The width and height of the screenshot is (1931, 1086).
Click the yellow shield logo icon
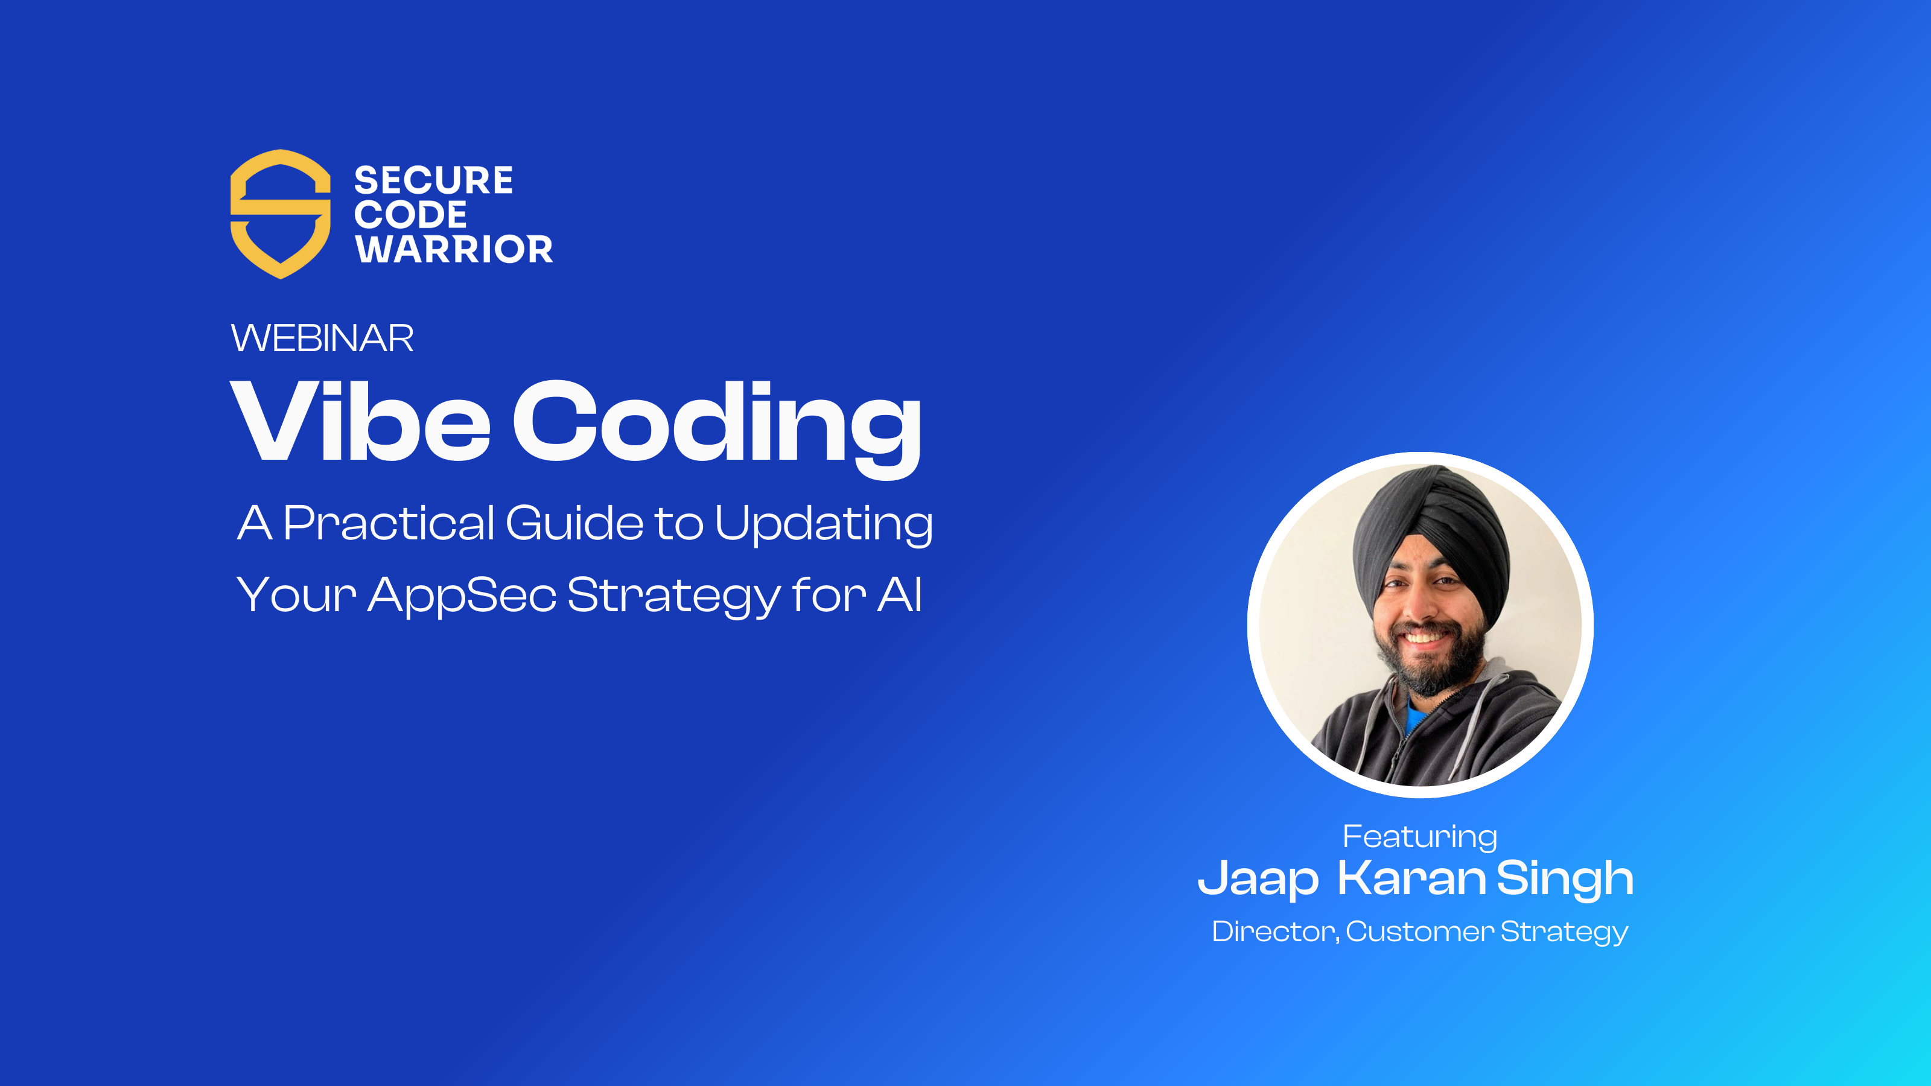click(x=281, y=214)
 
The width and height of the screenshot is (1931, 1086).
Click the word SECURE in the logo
click(x=433, y=180)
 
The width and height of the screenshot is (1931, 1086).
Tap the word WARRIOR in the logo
click(x=454, y=250)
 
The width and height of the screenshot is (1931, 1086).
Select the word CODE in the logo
click(x=410, y=215)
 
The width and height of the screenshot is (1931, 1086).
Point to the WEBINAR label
click(x=322, y=338)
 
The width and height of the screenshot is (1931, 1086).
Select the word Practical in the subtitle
click(x=388, y=522)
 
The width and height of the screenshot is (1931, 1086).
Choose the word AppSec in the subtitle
click(x=462, y=596)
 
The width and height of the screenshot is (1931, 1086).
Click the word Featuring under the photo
click(x=1420, y=836)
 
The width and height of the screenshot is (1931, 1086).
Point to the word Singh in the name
click(x=1565, y=878)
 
